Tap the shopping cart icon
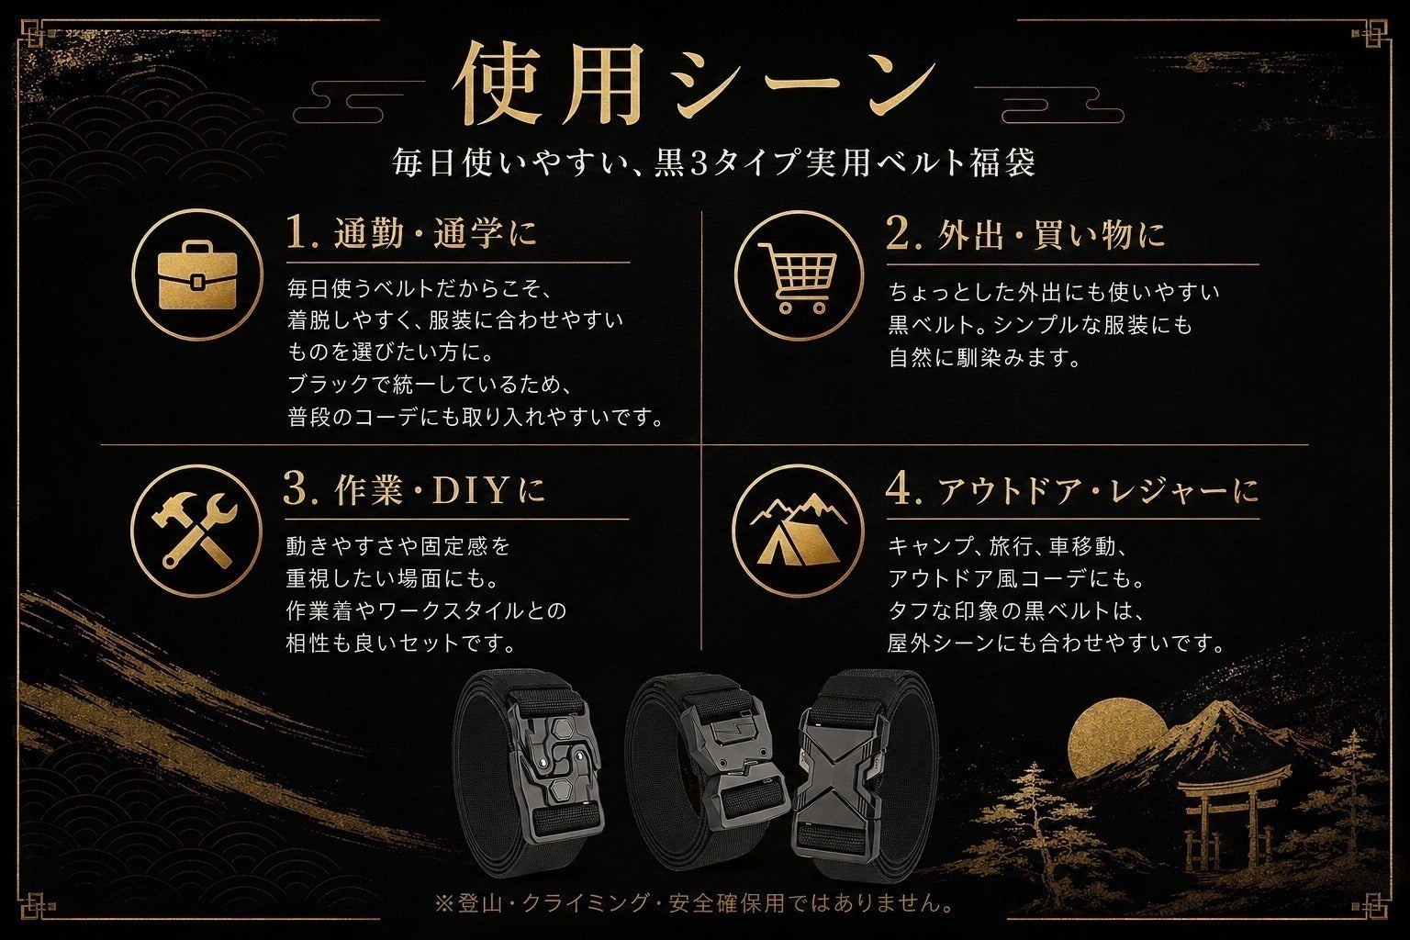click(798, 277)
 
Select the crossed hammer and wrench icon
click(196, 531)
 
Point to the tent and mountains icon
click(798, 529)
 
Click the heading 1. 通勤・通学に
click(411, 232)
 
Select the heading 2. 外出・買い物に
click(1025, 233)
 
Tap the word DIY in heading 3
click(470, 490)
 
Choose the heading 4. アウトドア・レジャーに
click(1072, 490)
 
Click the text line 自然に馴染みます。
click(985, 358)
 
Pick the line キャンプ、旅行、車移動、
click(1007, 546)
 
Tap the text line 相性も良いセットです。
click(401, 643)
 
